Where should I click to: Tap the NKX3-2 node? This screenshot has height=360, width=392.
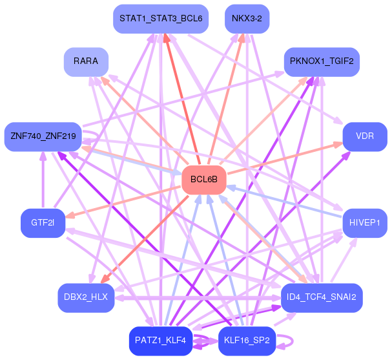pos(247,19)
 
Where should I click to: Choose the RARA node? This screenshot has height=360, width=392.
pos(86,61)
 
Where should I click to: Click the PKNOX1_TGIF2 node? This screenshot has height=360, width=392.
pos(321,63)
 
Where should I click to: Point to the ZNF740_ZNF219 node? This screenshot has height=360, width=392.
pos(43,136)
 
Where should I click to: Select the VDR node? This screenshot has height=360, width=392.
pos(365,136)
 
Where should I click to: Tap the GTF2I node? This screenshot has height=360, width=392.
pos(43,223)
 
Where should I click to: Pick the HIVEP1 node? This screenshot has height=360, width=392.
pos(365,223)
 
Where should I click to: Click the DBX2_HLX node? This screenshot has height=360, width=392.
pos(86,297)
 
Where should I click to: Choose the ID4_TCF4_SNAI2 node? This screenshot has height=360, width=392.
pos(322,297)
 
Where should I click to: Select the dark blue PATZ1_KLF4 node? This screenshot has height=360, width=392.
pos(161,340)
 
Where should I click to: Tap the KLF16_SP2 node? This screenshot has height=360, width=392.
pos(247,340)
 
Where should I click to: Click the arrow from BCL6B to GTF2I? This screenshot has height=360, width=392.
pos(123,201)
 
